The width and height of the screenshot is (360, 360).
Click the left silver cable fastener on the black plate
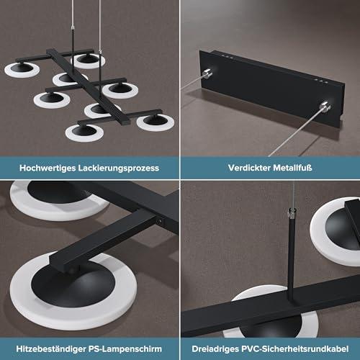[207, 73]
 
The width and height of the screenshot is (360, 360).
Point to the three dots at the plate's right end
[321, 81]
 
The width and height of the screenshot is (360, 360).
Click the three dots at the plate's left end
[227, 57]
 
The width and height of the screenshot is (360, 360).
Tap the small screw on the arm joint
[158, 221]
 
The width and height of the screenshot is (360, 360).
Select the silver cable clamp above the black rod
[292, 213]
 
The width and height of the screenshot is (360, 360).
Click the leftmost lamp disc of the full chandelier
[22, 70]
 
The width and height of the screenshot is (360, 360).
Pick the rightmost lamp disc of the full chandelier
[156, 122]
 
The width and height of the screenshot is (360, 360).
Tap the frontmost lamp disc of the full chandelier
[84, 132]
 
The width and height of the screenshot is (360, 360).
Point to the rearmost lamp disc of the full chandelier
[88, 61]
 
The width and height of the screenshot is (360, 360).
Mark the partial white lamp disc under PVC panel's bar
[271, 312]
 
